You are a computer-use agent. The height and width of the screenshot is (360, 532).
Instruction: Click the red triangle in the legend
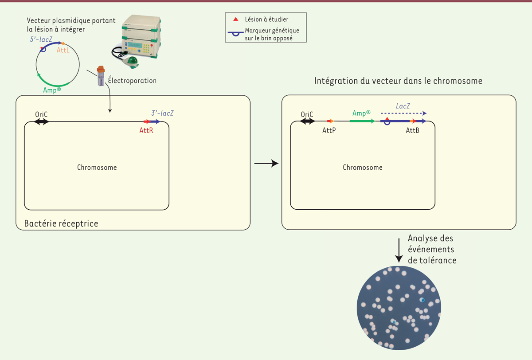click(x=236, y=19)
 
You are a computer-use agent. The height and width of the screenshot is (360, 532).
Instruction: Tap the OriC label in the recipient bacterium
click(x=41, y=114)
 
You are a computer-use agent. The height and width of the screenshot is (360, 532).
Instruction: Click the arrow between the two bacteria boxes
click(x=266, y=164)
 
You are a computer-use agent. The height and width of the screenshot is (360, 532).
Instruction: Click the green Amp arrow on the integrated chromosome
click(x=361, y=121)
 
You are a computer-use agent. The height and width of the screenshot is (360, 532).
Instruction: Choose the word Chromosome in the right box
click(x=363, y=168)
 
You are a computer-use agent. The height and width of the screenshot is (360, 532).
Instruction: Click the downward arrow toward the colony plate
click(x=399, y=251)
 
